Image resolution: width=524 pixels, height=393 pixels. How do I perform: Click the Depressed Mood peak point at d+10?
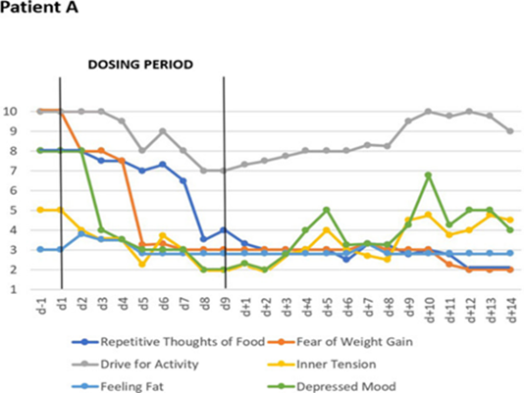pos(428,175)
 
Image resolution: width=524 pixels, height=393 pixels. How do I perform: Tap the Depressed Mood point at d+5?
pos(326,210)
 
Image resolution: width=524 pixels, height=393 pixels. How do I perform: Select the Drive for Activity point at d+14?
pos(509,131)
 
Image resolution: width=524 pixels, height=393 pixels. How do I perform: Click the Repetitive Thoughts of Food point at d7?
pos(183,180)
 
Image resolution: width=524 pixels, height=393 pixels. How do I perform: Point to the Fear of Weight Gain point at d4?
pos(122,161)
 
